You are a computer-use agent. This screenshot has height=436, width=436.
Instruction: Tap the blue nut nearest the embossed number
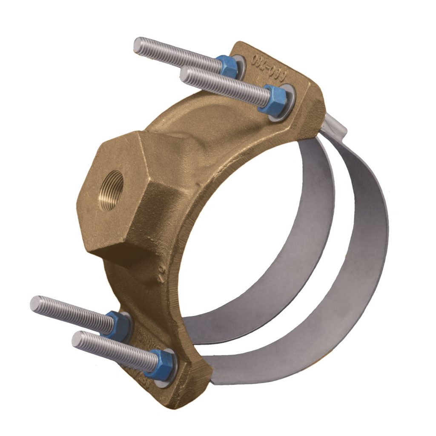[230, 65]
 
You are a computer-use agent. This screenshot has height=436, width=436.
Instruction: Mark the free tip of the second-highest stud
[184, 75]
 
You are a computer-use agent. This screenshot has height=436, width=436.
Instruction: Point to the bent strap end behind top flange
[336, 126]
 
